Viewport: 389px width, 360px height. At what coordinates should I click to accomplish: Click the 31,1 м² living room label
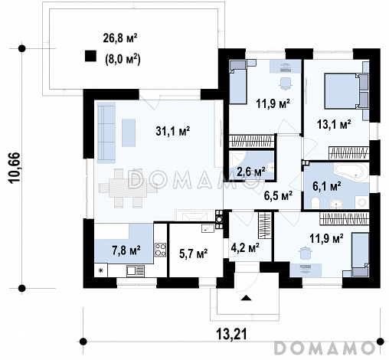[173, 131]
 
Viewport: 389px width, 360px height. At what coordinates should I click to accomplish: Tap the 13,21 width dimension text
[232, 334]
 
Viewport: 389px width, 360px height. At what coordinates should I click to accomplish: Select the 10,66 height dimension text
[14, 168]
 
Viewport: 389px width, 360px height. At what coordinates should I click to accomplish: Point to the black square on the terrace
[90, 56]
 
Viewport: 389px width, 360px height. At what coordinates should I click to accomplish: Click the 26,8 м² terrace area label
[120, 38]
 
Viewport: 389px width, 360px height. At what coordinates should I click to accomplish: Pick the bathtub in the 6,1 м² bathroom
[351, 172]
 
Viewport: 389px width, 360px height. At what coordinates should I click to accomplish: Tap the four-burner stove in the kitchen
[161, 250]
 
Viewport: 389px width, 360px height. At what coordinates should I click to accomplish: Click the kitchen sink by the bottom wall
[136, 271]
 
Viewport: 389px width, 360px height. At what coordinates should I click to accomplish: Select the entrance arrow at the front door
[247, 297]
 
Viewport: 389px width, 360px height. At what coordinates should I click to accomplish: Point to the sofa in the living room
[106, 133]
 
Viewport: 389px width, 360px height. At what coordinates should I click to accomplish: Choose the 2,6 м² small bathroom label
[250, 172]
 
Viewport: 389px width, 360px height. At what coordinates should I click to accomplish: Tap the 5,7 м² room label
[194, 254]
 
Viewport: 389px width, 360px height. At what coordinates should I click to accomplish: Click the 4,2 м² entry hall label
[245, 247]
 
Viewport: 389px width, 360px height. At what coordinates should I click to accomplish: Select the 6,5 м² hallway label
[278, 196]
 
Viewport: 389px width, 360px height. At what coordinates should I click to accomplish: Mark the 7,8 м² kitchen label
[126, 250]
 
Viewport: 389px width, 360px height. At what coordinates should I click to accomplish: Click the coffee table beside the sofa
[129, 133]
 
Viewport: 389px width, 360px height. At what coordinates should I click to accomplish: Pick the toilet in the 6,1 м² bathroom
[315, 204]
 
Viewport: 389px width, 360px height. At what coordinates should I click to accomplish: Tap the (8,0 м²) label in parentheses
[123, 60]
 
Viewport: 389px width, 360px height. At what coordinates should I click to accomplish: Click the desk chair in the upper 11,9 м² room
[286, 83]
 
